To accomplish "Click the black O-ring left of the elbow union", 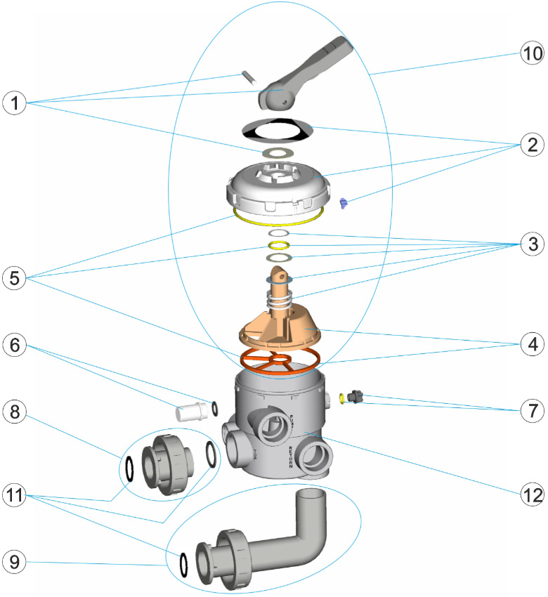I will click(183, 565).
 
